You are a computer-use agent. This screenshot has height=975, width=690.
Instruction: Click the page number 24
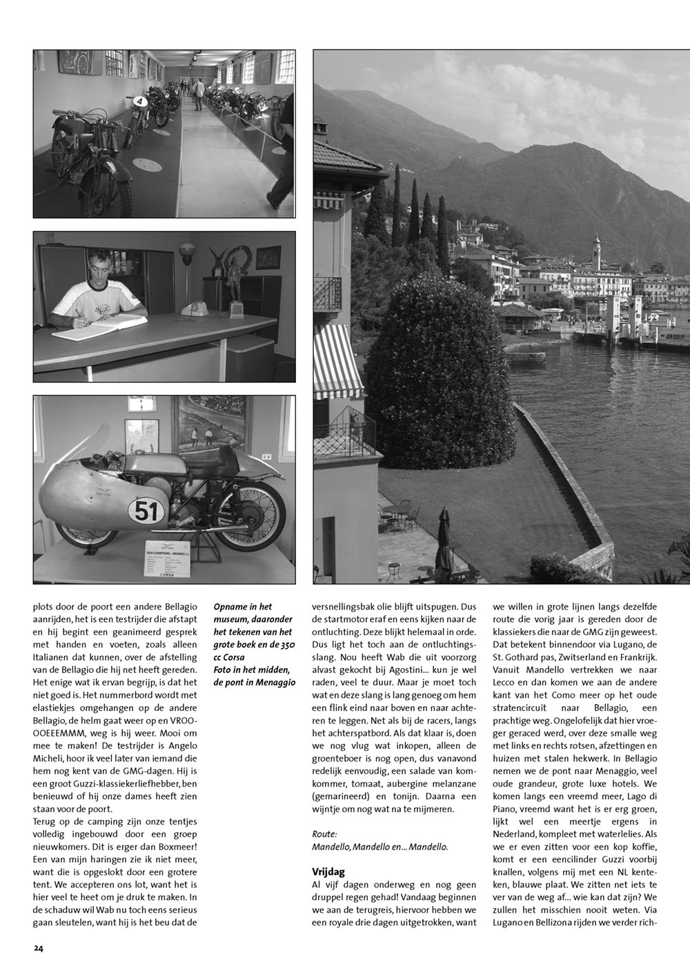click(x=38, y=948)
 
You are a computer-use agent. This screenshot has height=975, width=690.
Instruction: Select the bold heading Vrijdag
click(x=328, y=872)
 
